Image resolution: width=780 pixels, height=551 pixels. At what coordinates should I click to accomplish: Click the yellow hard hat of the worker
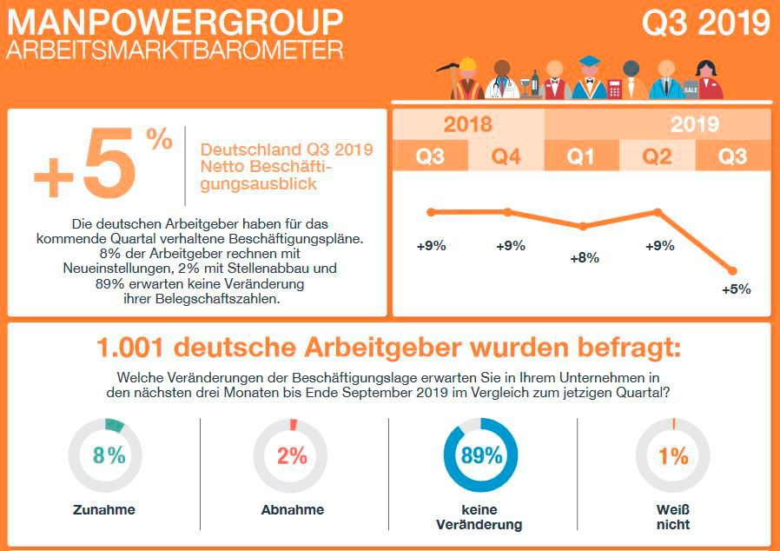click(467, 63)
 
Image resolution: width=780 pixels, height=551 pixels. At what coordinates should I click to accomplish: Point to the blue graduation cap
click(590, 61)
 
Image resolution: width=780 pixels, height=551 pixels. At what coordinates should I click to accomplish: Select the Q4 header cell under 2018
click(506, 156)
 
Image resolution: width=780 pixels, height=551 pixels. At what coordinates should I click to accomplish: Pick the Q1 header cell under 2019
click(581, 156)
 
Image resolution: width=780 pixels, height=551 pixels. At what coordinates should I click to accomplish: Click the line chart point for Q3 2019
click(733, 270)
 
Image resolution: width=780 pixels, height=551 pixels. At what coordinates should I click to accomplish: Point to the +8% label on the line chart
click(584, 258)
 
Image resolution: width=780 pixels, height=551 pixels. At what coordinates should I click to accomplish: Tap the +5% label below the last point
click(736, 289)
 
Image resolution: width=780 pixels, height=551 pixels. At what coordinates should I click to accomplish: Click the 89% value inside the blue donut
click(481, 455)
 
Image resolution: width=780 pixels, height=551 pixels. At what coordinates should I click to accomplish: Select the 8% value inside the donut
click(109, 455)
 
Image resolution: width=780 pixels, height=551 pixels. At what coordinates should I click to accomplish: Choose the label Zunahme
click(104, 510)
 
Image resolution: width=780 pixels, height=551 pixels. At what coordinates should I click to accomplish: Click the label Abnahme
click(293, 510)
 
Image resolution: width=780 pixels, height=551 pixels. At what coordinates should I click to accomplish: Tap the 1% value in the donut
click(673, 455)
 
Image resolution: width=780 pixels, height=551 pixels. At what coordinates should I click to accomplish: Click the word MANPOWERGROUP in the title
click(175, 21)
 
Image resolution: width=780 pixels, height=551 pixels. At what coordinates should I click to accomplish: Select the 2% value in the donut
click(293, 455)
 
